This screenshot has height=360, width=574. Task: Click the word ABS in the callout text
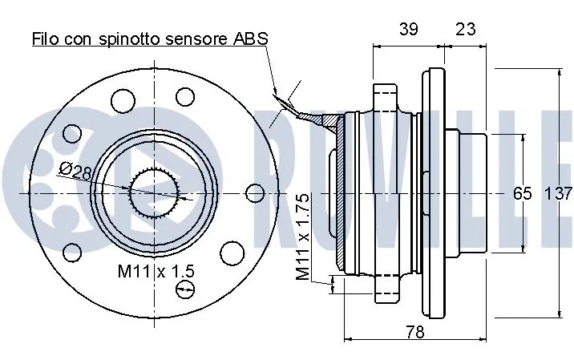(250, 38)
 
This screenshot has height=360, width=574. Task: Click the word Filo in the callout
(46, 38)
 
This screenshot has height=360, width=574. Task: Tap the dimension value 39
(408, 29)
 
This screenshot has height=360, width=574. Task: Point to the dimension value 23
(464, 29)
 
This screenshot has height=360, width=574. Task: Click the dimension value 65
(523, 193)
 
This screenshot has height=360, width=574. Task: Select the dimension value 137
(558, 193)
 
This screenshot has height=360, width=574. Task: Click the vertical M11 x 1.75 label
(302, 237)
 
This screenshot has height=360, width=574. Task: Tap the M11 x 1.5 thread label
(156, 271)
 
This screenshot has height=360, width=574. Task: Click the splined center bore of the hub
(154, 193)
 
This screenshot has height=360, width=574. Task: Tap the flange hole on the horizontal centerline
(254, 193)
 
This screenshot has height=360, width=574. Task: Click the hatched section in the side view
(342, 192)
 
